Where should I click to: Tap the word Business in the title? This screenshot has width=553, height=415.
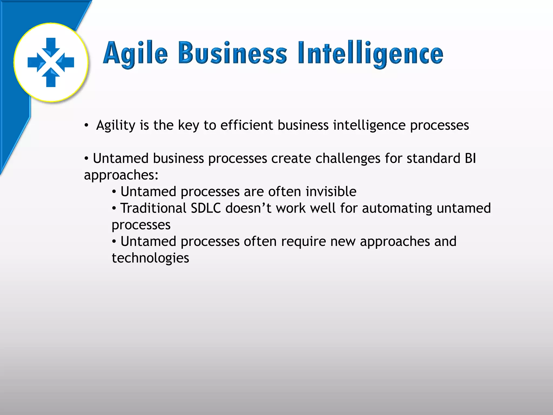[232, 53]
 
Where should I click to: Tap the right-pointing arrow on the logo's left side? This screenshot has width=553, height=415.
[35, 62]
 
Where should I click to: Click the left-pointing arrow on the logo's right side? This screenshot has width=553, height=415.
[66, 62]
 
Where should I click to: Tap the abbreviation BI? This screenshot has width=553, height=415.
[470, 158]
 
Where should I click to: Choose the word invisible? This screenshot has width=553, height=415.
[331, 192]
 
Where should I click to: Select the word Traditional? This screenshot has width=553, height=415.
[153, 208]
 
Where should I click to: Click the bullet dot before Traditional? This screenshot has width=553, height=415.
[114, 209]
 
